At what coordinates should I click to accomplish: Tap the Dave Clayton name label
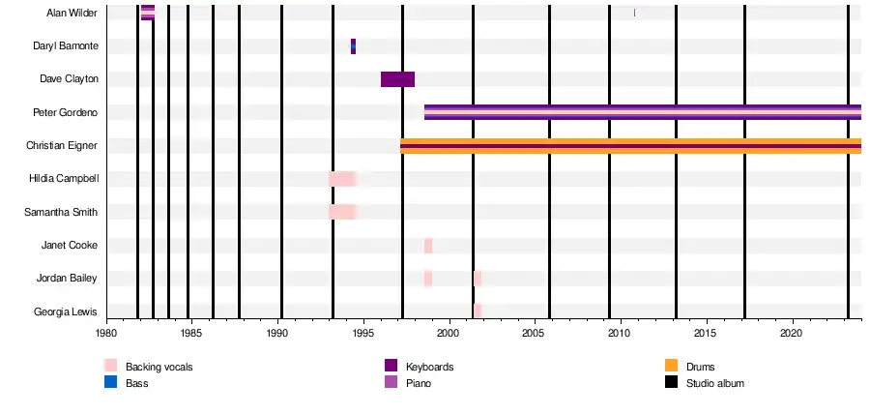69,79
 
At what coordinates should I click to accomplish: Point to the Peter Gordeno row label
66,112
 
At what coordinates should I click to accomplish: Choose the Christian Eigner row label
63,145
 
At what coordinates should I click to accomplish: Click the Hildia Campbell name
65,179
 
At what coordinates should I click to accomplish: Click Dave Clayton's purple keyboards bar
397,79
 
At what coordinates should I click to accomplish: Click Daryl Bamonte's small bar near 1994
353,46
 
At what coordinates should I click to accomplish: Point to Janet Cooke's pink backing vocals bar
428,246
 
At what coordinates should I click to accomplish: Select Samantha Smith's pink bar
342,212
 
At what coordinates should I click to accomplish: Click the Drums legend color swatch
672,366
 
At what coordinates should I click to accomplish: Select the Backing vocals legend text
158,367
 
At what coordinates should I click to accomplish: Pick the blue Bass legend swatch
110,383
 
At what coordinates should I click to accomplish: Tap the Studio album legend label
714,383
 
